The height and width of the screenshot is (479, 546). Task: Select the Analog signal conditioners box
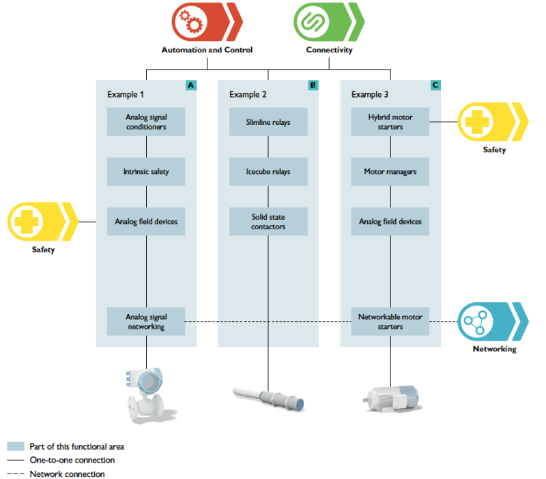point(146,121)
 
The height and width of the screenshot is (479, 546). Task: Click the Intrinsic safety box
point(146,172)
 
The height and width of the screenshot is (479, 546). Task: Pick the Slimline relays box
point(268,122)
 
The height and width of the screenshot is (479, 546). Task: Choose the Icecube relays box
point(268,172)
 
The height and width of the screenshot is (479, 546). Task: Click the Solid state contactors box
point(268,222)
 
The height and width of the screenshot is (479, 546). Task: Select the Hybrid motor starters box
point(390,121)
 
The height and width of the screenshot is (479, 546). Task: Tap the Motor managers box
point(390,172)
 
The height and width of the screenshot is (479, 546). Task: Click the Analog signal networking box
point(146,321)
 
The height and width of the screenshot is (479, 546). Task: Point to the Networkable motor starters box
point(390,321)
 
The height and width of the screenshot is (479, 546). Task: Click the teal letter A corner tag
point(191,85)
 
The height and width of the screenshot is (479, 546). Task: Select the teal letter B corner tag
point(313,85)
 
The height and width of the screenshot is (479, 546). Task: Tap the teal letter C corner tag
point(435,85)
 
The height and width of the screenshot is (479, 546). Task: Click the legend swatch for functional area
point(16,446)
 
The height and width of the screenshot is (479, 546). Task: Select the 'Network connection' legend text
point(67,474)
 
